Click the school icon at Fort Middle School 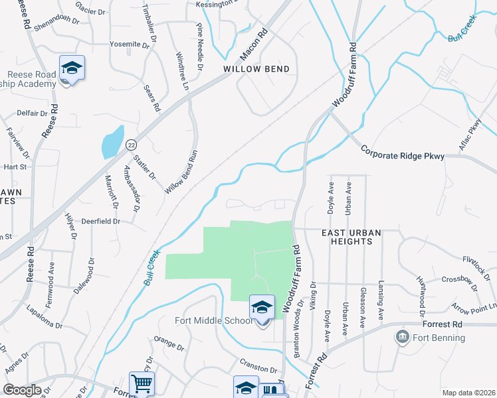click(262, 308)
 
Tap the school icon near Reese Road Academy click(72, 68)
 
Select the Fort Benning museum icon click(401, 336)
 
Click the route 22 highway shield click(132, 144)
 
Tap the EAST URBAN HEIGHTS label click(346, 237)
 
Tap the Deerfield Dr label click(100, 222)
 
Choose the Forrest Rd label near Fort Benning click(441, 325)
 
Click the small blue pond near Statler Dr click(112, 142)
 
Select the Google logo click(22, 391)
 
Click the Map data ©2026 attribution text click(468, 393)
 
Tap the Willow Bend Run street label click(181, 171)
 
